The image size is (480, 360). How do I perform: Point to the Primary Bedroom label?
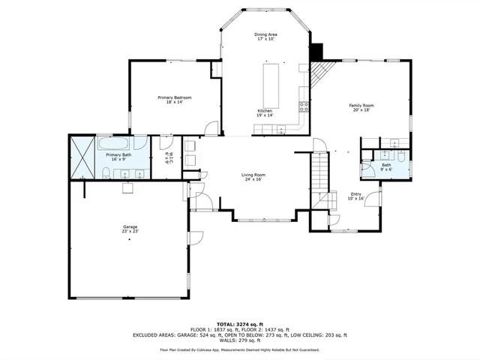tap(174, 100)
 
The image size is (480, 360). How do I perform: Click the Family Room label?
tap(361, 108)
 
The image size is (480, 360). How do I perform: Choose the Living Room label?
tap(253, 177)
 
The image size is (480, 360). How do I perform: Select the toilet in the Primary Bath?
tap(106, 174)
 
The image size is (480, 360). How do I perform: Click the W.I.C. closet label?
tap(168, 157)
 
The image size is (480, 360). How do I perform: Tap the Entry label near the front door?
tap(355, 197)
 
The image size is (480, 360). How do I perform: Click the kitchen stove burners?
tap(304, 106)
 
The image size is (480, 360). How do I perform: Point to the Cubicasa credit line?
tap(239, 349)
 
